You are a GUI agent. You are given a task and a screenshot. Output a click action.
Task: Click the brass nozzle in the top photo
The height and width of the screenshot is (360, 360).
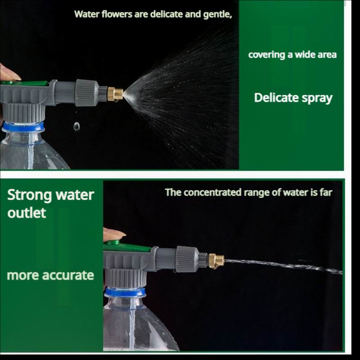pyautogui.click(x=115, y=94)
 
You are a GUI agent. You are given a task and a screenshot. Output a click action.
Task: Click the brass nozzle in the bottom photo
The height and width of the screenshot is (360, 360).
pyautogui.click(x=216, y=261)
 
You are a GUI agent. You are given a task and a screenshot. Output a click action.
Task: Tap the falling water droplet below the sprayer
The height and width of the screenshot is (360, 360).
pyautogui.click(x=76, y=126)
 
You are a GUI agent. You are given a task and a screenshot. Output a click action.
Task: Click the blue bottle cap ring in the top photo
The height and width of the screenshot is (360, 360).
pyautogui.click(x=23, y=127)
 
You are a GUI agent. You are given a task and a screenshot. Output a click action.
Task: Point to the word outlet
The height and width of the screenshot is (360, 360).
pyautogui.click(x=27, y=213)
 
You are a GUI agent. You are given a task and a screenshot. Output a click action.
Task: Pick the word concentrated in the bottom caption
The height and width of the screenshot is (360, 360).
pyautogui.click(x=212, y=193)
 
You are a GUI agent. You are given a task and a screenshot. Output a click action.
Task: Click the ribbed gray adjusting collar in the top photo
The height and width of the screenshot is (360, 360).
pyautogui.click(x=87, y=93)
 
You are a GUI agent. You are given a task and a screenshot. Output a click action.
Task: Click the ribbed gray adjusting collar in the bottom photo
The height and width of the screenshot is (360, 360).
pyautogui.click(x=187, y=259)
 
